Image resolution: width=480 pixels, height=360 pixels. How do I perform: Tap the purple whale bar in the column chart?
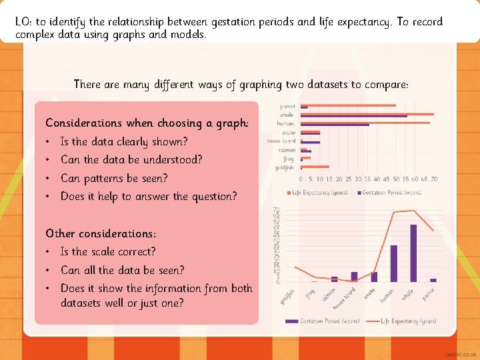pyautogui.click(x=413, y=253)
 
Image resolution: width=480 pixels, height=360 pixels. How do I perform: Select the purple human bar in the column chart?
pyautogui.click(x=393, y=263)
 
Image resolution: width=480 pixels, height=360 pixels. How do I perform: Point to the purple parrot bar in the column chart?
pyautogui.click(x=433, y=280)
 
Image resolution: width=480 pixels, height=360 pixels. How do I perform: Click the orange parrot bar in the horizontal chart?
pyautogui.click(x=348, y=105)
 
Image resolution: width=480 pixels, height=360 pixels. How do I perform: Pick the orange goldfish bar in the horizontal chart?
pyautogui.click(x=315, y=166)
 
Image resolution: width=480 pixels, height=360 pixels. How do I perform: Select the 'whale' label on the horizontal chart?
pyautogui.click(x=287, y=115)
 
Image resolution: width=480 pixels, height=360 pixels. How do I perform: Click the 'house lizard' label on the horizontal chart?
pyautogui.click(x=281, y=141)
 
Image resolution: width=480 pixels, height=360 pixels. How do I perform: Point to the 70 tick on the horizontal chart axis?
pyautogui.click(x=434, y=179)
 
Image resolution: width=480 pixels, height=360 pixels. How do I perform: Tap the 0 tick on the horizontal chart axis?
pyautogui.click(x=301, y=179)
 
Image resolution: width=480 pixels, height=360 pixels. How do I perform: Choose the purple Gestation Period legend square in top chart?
pyautogui.click(x=359, y=194)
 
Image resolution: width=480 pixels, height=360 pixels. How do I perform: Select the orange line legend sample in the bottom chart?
pyautogui.click(x=371, y=321)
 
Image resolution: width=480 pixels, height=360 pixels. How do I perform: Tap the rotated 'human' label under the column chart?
pyautogui.click(x=387, y=294)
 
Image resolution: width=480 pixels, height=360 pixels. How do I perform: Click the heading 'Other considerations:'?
pyautogui.click(x=101, y=233)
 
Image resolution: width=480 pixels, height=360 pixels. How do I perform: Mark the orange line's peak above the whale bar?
pyautogui.click(x=415, y=211)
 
